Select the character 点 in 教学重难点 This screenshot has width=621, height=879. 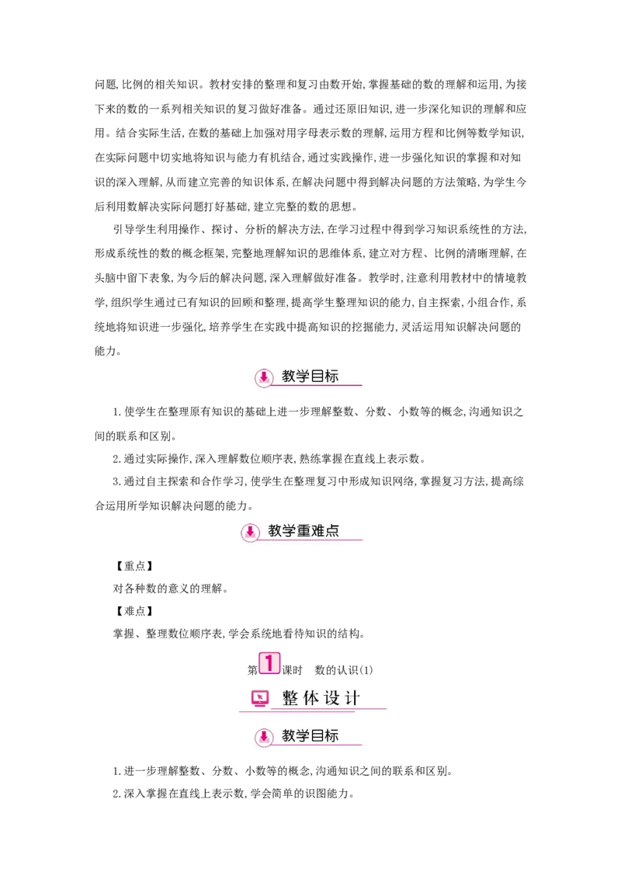click(332, 531)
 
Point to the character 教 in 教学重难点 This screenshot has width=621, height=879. click(275, 531)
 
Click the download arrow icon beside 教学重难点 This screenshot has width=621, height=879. click(250, 532)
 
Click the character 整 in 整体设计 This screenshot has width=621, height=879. click(290, 698)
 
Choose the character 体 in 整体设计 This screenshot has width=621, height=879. click(310, 698)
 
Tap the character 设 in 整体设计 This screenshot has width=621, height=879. click(331, 698)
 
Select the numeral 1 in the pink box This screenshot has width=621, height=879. click(269, 663)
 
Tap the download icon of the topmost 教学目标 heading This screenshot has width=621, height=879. click(265, 377)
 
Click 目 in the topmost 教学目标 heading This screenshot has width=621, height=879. click(317, 377)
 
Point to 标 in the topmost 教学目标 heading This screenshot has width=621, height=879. click(331, 377)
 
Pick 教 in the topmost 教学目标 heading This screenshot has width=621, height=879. click(289, 377)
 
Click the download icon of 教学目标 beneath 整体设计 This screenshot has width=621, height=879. click(265, 737)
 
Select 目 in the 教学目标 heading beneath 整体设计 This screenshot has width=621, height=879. click(317, 736)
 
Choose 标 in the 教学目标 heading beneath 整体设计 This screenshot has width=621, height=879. click(331, 736)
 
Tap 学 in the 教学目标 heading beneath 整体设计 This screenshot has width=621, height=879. click(303, 736)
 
